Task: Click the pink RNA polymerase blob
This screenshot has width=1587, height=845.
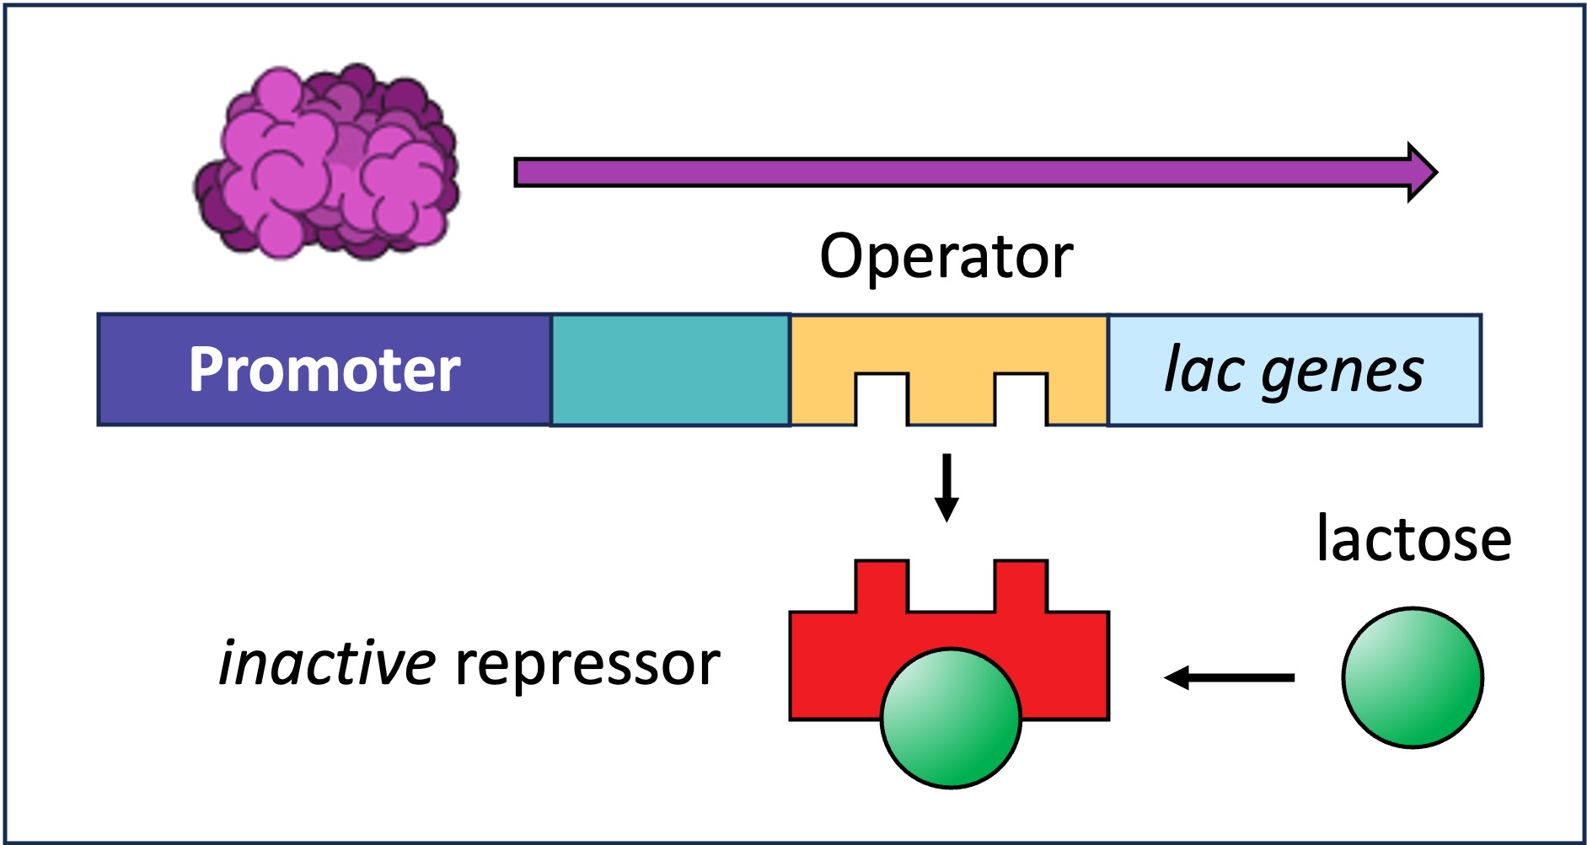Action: [x=327, y=162]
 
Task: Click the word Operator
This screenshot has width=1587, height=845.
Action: [x=946, y=256]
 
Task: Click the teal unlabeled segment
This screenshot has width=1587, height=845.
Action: [x=670, y=370]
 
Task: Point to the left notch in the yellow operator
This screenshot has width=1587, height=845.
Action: [x=882, y=400]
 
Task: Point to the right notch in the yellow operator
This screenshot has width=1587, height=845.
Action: [x=1021, y=400]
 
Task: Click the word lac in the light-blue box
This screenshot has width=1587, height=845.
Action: [x=1204, y=370]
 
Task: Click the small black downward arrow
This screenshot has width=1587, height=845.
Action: [x=946, y=489]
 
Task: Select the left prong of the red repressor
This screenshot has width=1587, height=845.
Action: [x=882, y=586]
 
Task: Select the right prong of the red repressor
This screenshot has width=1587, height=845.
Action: [x=1021, y=586]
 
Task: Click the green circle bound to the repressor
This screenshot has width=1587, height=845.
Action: [x=951, y=719]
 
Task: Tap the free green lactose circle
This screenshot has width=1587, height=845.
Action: [x=1412, y=677]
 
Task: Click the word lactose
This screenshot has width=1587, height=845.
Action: [x=1413, y=539]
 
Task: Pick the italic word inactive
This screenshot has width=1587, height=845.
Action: [x=327, y=664]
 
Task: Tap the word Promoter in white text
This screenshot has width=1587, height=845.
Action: [x=324, y=370]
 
